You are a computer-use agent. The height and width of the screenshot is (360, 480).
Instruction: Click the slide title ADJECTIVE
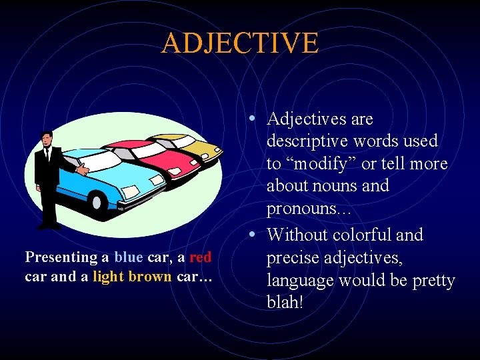click(240, 43)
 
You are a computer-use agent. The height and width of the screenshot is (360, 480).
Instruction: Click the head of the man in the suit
click(46, 139)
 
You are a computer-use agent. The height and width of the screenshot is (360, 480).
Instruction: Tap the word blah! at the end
click(285, 302)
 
